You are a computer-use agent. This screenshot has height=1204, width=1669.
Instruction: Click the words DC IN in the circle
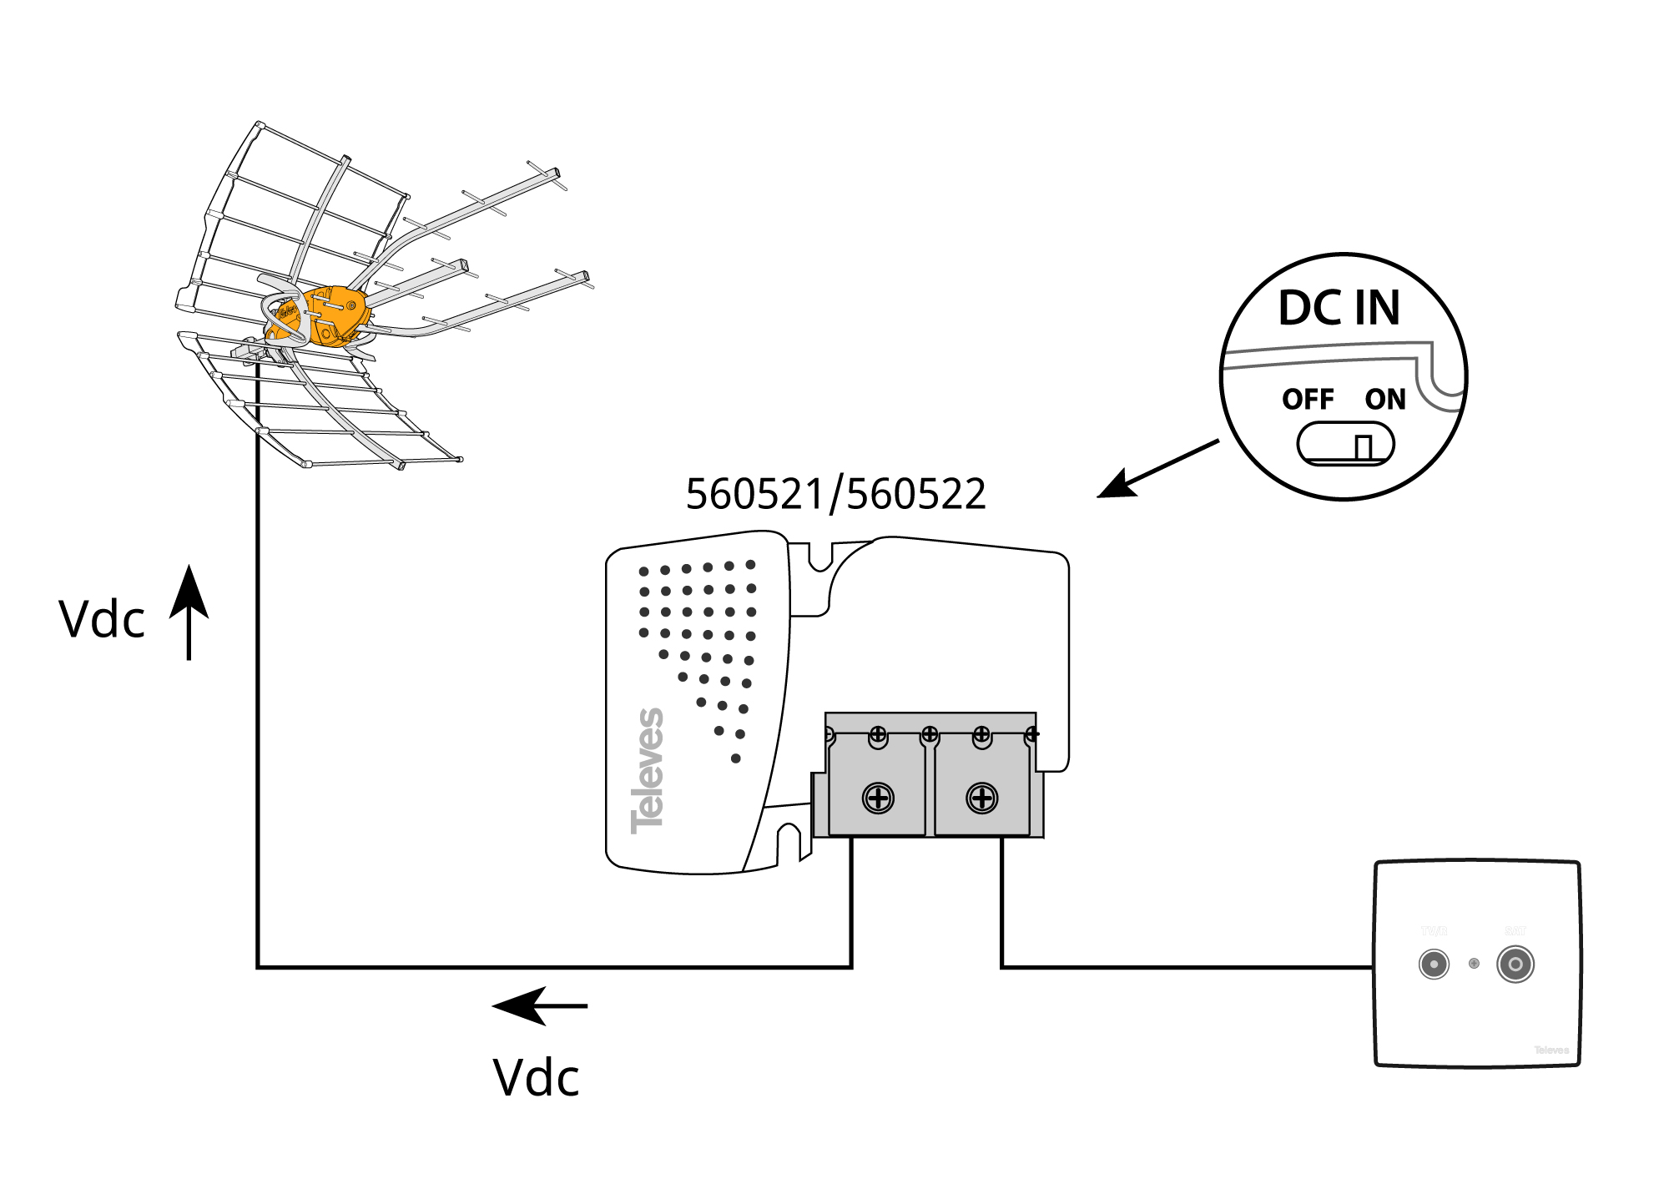pos(1339,308)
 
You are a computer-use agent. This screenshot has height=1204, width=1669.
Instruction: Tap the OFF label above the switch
pos(1308,400)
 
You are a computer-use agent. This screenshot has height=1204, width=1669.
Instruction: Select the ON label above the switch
pos(1385,400)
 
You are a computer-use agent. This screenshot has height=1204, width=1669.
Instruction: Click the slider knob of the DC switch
pos(1364,447)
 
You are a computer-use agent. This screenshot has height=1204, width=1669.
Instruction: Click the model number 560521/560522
pos(835,494)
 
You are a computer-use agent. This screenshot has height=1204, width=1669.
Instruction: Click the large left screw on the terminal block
pos(878,798)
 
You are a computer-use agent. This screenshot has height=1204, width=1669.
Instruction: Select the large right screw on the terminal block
pos(982,798)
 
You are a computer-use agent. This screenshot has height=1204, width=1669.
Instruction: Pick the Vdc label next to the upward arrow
pos(102,620)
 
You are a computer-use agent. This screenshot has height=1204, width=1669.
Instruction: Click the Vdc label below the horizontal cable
pos(536,1077)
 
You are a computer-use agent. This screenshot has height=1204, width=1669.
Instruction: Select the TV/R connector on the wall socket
pos(1434,965)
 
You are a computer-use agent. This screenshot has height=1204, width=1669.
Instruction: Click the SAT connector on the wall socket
pos(1515,965)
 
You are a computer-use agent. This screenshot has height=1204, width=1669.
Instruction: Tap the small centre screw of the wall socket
pos(1474,964)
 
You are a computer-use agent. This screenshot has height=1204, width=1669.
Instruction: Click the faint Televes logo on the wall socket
pos(1551,1050)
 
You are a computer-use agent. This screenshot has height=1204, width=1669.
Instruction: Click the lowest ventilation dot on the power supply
pos(735,758)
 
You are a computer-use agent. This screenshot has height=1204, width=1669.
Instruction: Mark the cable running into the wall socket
pos(1185,967)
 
